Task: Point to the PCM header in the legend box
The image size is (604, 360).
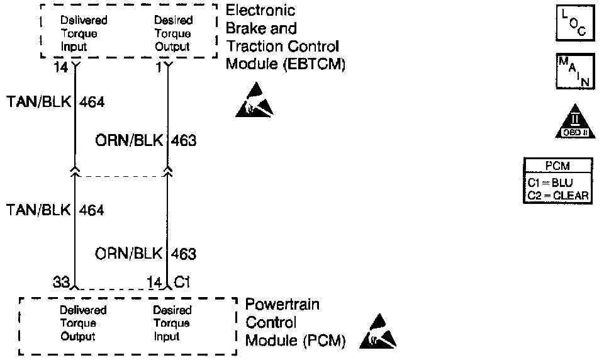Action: (x=557, y=167)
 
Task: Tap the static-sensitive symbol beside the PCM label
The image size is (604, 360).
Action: (x=378, y=332)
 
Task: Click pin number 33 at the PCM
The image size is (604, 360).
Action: (x=61, y=284)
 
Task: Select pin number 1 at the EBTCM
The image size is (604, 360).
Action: (x=159, y=65)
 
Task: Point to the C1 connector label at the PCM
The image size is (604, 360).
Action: (x=182, y=284)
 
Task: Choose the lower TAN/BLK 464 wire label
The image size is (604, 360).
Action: (x=54, y=210)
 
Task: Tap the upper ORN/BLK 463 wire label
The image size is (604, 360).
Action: (x=146, y=141)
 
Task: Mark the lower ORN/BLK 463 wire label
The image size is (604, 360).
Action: (x=146, y=254)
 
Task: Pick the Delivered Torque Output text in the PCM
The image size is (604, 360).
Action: (x=82, y=323)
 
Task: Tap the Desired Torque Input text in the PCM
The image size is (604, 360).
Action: (x=172, y=323)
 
